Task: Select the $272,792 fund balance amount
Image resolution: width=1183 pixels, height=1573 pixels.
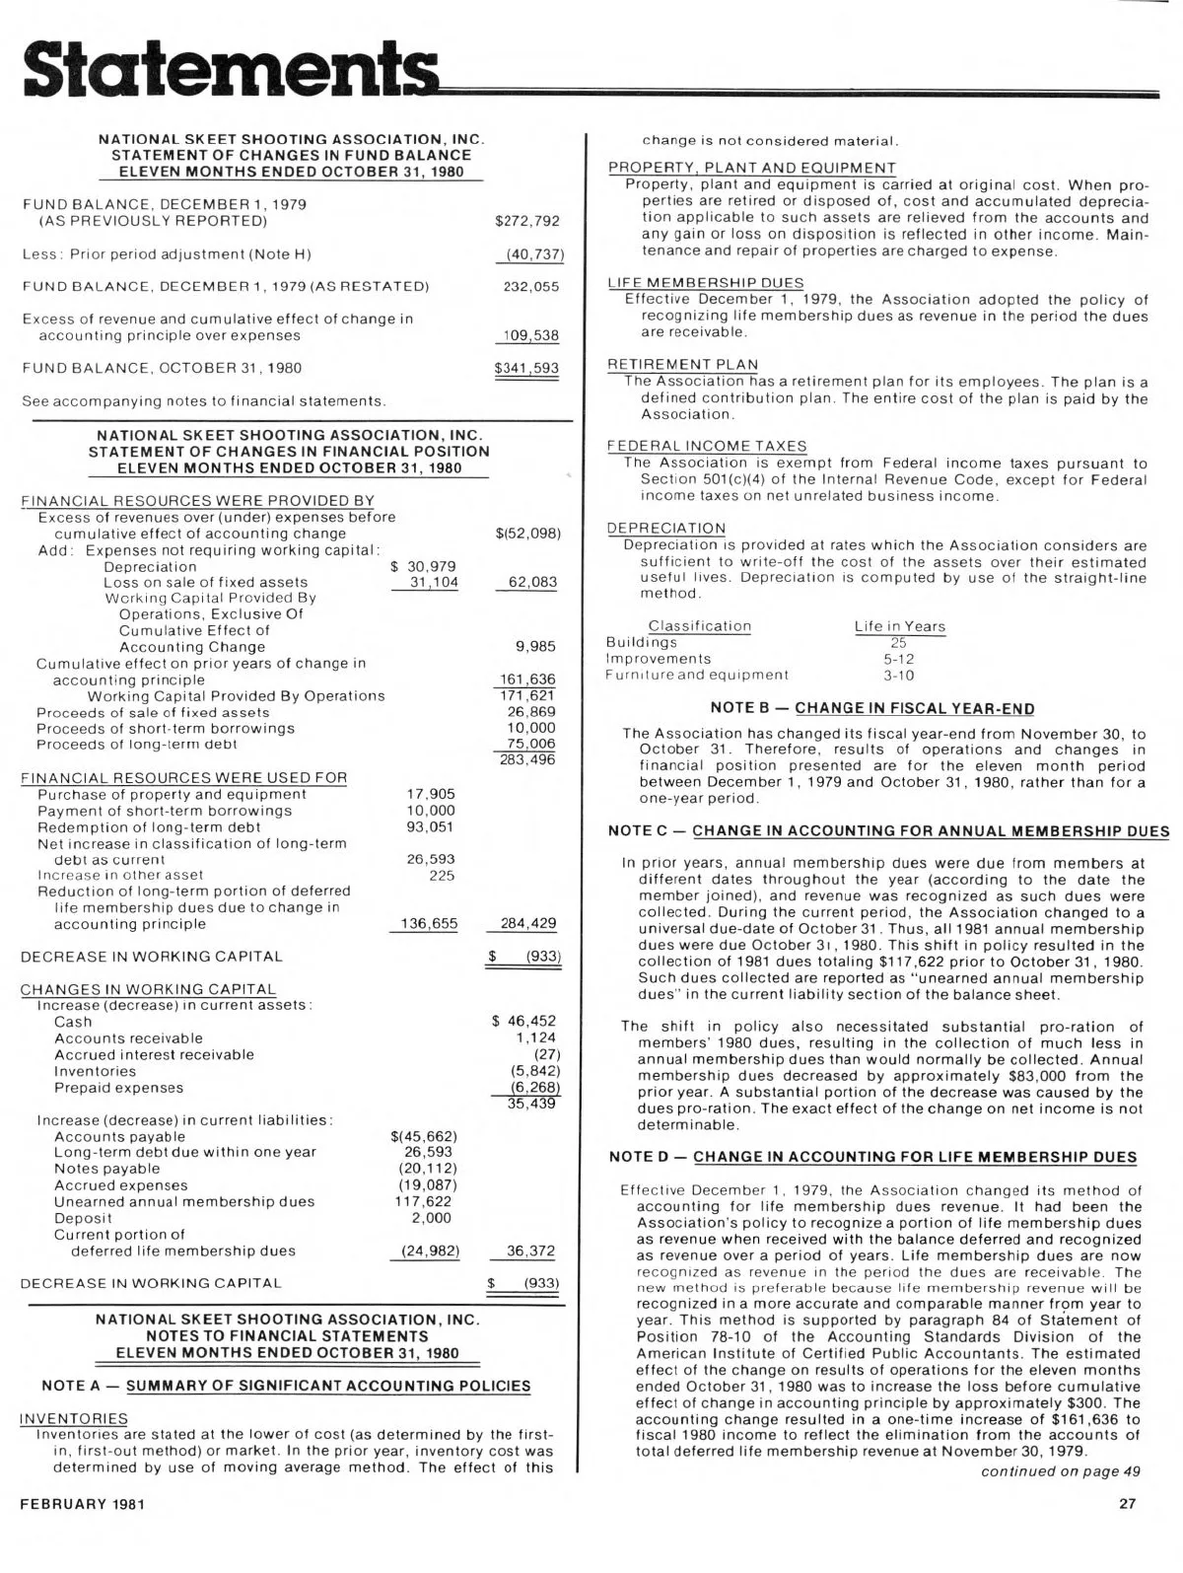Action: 526,221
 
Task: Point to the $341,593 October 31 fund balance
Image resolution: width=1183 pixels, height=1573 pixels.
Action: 526,369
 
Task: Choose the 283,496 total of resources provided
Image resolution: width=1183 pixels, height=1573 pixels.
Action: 530,760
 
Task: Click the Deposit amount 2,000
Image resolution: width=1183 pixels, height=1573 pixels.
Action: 431,1218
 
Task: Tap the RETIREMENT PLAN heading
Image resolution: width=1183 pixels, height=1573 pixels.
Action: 683,365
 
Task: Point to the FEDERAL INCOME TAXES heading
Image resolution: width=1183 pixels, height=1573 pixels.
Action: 707,447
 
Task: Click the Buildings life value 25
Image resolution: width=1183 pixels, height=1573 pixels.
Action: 898,642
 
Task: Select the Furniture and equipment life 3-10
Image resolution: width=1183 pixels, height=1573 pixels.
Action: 898,676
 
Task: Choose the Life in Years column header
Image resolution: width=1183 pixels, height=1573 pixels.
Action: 899,626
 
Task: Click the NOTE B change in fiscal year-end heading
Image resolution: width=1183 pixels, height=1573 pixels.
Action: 872,708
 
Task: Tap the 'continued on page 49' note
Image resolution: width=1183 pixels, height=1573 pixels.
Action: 1060,1471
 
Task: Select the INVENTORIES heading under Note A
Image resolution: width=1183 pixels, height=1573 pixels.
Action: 74,1418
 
